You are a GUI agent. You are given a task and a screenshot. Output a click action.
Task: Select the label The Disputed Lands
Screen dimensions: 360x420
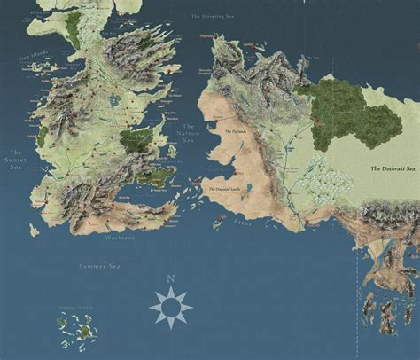(x=229, y=188)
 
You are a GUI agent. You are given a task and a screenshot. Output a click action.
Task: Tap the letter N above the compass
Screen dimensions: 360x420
(x=170, y=279)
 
